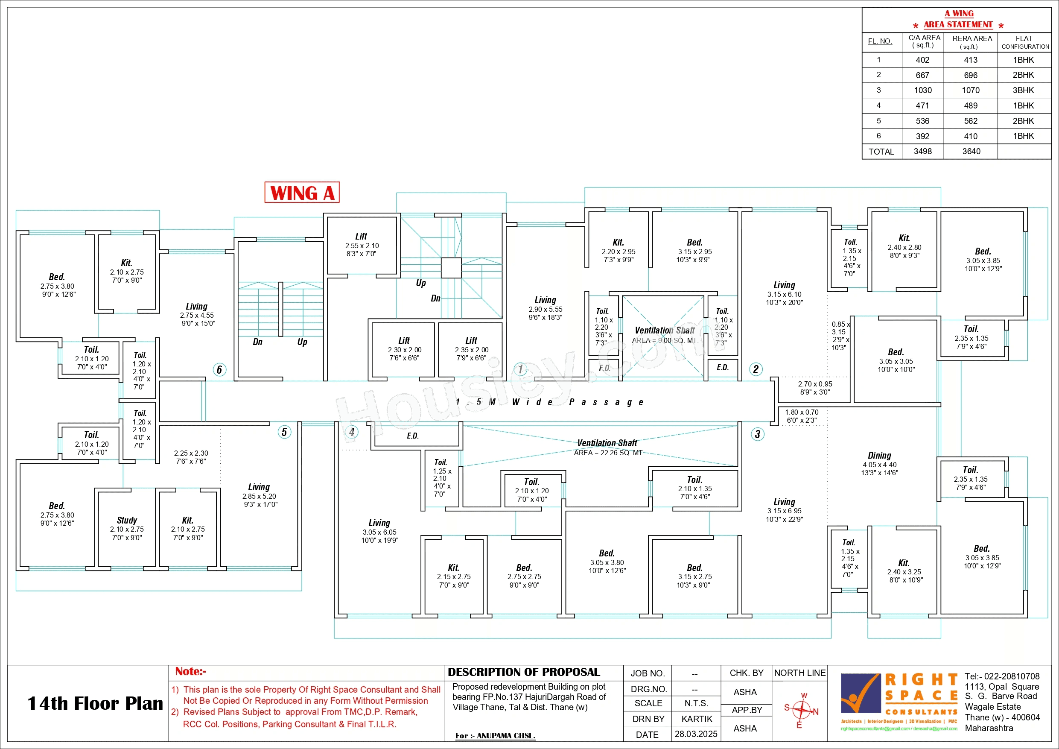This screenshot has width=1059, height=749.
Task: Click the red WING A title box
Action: [x=302, y=193]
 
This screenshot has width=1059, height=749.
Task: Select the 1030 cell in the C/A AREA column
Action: [x=922, y=91]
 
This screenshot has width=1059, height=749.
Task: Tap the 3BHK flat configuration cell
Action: [x=1023, y=91]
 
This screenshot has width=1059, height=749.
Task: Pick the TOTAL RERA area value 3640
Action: [x=971, y=151]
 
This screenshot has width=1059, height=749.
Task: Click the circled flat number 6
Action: [x=219, y=370]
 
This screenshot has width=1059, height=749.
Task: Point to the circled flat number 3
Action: [x=757, y=434]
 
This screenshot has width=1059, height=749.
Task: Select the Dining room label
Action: [x=879, y=456]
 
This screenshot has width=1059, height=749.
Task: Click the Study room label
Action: [x=127, y=520]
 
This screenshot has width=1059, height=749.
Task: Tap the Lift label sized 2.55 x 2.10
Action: [x=361, y=236]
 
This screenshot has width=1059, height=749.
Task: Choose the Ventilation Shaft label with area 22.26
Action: [x=607, y=443]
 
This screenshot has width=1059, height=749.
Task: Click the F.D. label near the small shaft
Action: [x=604, y=368]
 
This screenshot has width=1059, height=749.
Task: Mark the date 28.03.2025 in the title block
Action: [x=696, y=734]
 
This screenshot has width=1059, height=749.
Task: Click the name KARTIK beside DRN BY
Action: [x=697, y=719]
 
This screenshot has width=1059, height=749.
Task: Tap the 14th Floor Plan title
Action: [x=95, y=703]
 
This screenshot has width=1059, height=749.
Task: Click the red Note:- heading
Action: [x=190, y=671]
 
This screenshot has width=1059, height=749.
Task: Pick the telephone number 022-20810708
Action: [x=1010, y=676]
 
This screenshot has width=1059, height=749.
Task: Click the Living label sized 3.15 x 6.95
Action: [x=784, y=502]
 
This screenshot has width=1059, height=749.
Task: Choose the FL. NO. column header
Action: [x=879, y=41]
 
